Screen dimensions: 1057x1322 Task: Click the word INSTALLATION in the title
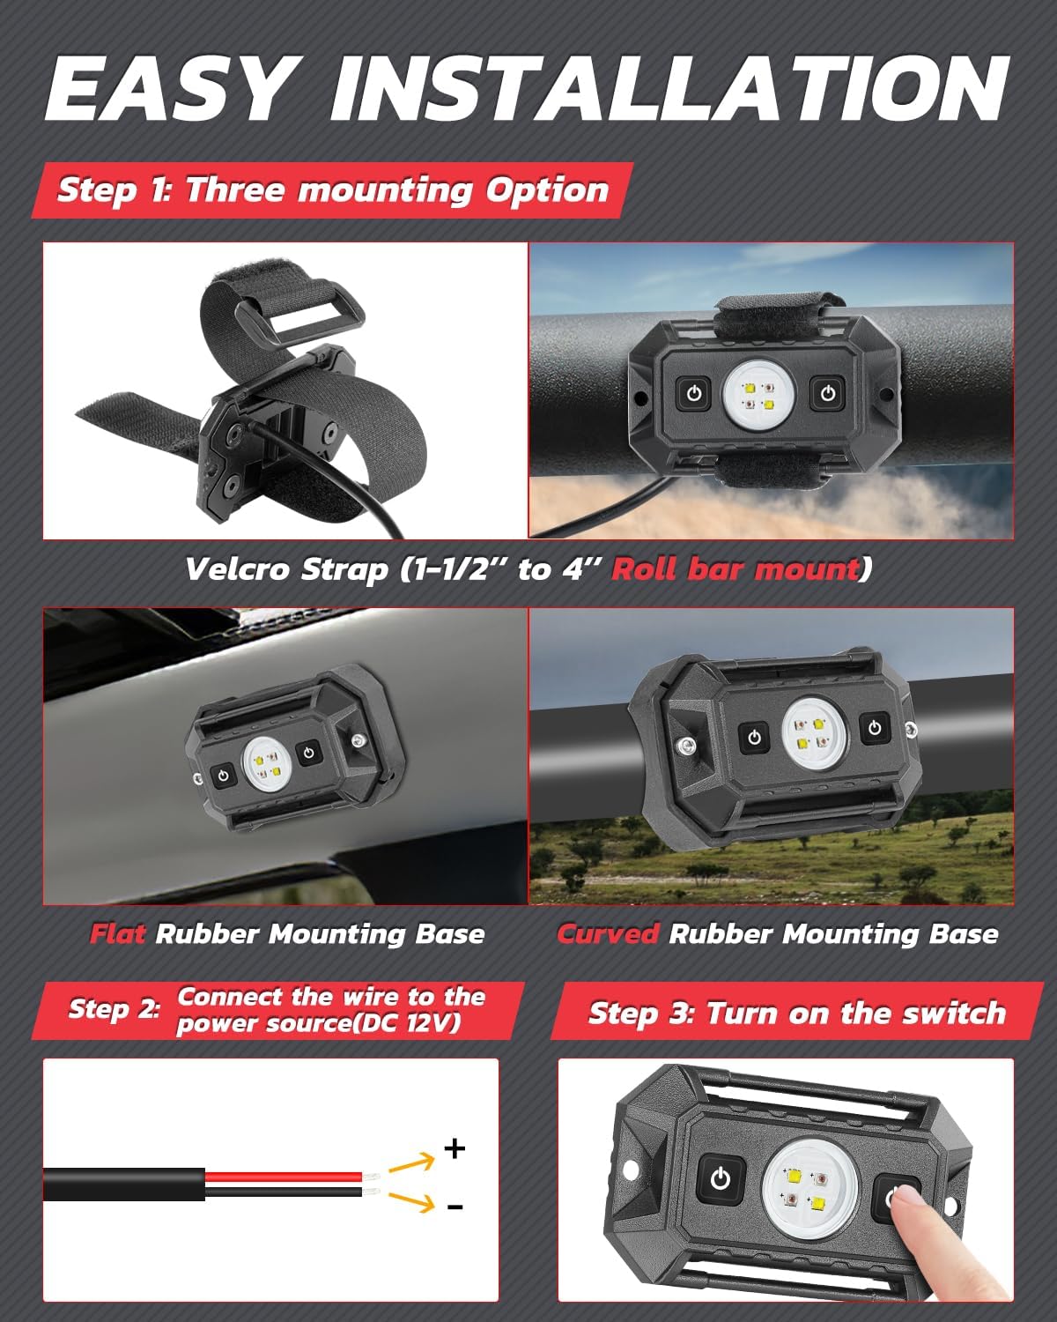click(x=670, y=88)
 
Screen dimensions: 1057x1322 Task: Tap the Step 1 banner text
click(x=332, y=190)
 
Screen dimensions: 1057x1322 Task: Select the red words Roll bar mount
click(x=735, y=568)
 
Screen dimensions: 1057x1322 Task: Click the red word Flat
click(x=118, y=933)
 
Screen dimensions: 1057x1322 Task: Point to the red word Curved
click(x=608, y=933)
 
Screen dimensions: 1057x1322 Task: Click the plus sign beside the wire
click(x=455, y=1147)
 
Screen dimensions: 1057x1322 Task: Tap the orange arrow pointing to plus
click(x=412, y=1162)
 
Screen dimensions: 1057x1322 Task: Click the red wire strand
click(x=284, y=1177)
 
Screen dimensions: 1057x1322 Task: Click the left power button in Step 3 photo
click(x=721, y=1178)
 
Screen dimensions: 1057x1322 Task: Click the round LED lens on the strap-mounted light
click(x=759, y=392)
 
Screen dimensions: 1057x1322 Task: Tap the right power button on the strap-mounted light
click(x=827, y=392)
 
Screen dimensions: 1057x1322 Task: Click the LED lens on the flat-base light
click(x=267, y=763)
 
